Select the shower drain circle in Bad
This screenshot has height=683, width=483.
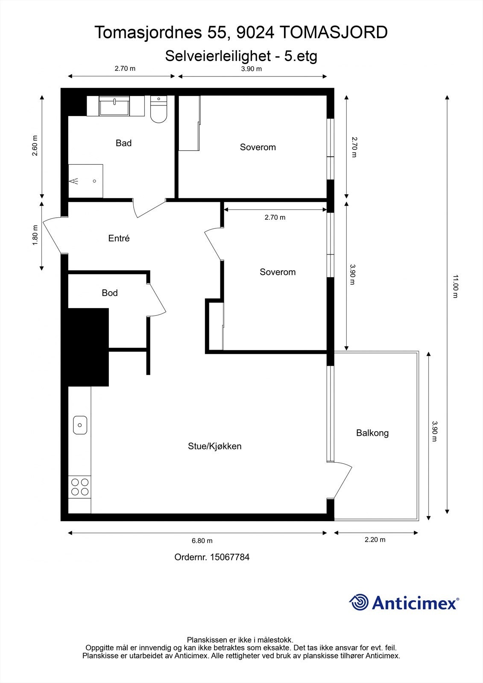94,181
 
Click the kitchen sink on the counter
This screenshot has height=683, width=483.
80,425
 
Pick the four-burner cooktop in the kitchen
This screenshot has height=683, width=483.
80,487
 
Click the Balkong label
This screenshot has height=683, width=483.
372,433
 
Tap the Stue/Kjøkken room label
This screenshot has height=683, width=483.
215,446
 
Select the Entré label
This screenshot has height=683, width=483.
119,238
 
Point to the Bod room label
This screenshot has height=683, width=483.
110,293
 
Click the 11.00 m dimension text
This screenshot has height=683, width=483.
455,286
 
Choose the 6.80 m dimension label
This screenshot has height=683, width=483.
202,540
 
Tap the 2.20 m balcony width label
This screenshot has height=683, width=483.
375,540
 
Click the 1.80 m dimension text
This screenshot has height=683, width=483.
35,235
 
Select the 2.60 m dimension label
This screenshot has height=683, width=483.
35,146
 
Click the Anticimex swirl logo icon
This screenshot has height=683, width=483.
359,603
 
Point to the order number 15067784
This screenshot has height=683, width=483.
230,557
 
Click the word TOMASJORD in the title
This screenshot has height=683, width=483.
333,32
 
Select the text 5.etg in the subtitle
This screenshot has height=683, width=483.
301,56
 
